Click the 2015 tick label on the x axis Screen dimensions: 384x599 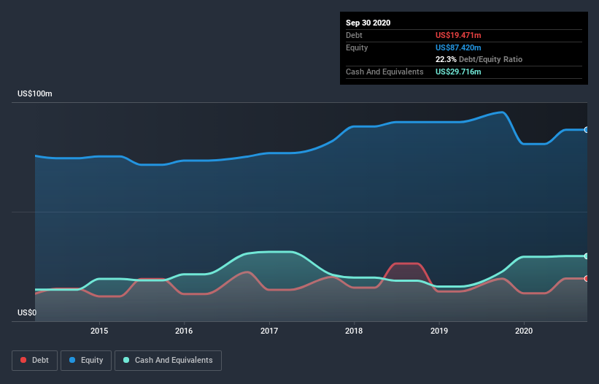(99, 331)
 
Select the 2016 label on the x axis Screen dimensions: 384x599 (184, 331)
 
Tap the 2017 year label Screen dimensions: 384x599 (269, 331)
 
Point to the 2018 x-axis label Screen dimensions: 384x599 (354, 331)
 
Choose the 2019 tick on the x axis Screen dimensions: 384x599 (439, 331)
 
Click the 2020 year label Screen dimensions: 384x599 (524, 331)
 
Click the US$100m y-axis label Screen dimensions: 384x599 (35, 94)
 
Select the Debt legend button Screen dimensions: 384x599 (34, 360)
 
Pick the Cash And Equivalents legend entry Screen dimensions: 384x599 (168, 360)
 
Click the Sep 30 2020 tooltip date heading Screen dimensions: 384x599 (368, 23)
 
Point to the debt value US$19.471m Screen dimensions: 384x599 (458, 35)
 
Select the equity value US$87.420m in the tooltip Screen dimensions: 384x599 (458, 47)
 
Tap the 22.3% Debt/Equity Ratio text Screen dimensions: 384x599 (479, 59)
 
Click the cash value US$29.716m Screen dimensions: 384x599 (458, 72)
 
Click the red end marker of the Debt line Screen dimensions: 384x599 (587, 278)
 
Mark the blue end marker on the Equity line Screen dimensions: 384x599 (587, 130)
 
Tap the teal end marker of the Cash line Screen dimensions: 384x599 (587, 256)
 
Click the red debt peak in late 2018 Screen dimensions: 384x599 (405, 264)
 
